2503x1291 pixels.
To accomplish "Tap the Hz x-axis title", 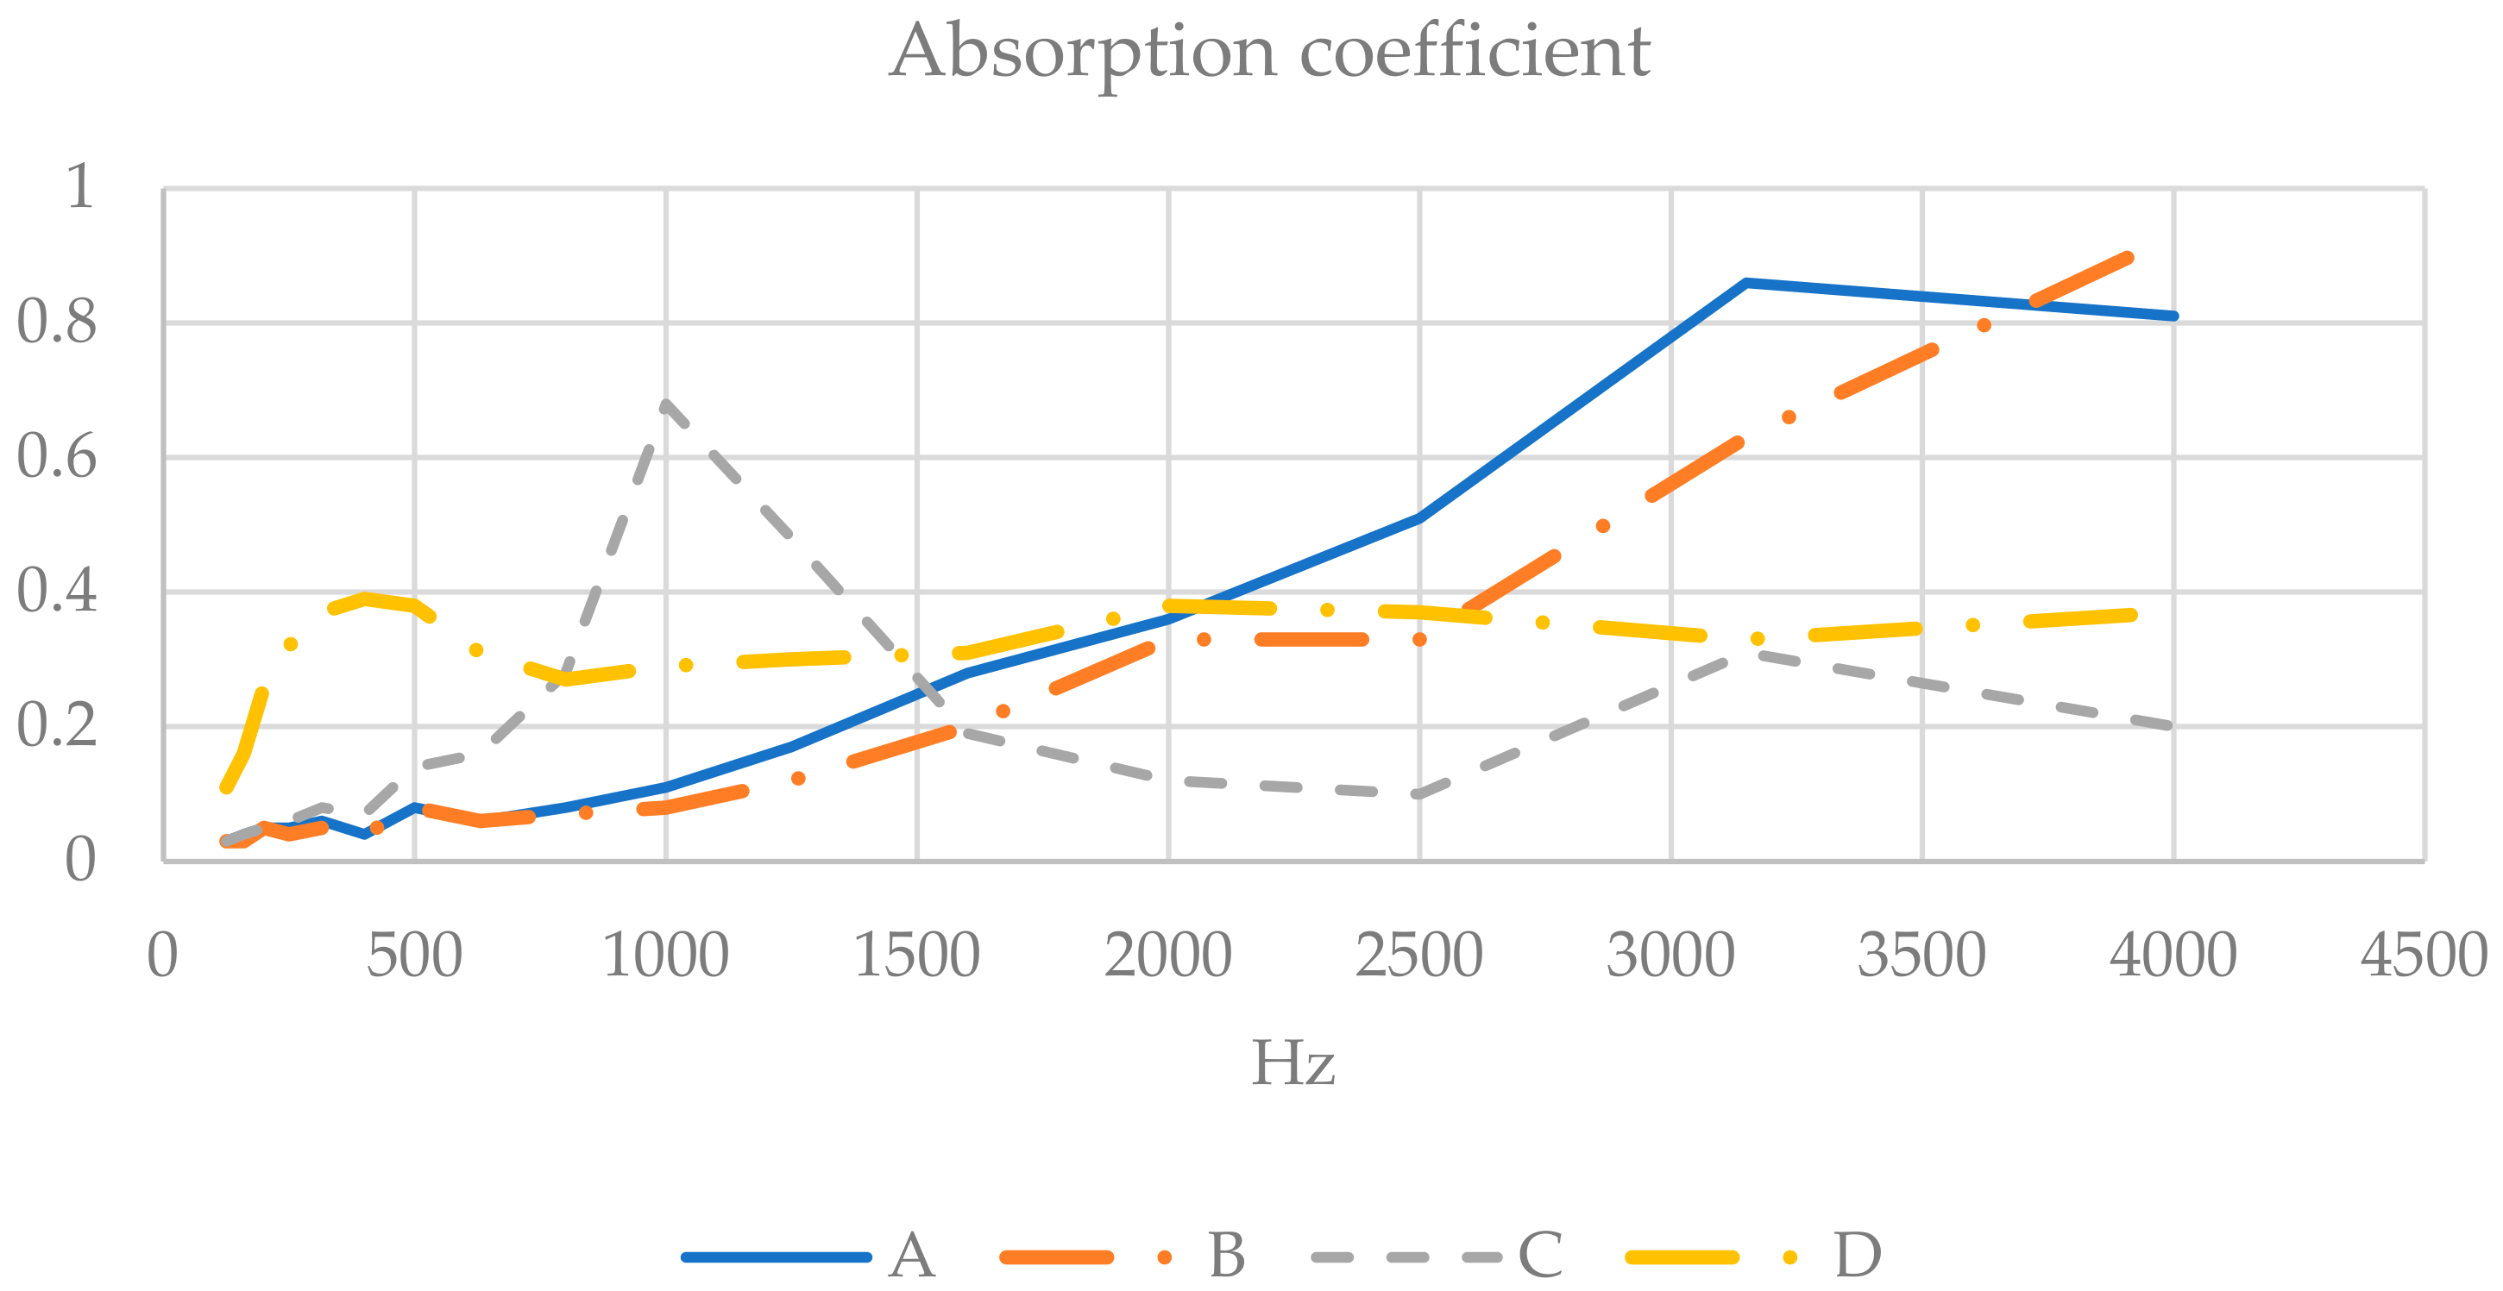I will tap(1292, 1063).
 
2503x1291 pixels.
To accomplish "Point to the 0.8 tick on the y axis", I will tap(57, 322).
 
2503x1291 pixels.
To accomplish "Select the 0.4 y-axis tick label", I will tap(57, 591).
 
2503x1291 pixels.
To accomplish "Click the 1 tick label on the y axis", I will tap(79, 186).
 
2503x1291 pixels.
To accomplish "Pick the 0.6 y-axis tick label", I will tap(57, 456).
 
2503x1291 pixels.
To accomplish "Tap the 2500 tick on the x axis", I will tap(1418, 956).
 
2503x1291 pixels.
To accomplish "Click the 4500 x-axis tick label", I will tap(2424, 956).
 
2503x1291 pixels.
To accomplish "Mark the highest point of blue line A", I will tap(1746, 283).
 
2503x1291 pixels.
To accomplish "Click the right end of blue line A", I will tap(2173, 316).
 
